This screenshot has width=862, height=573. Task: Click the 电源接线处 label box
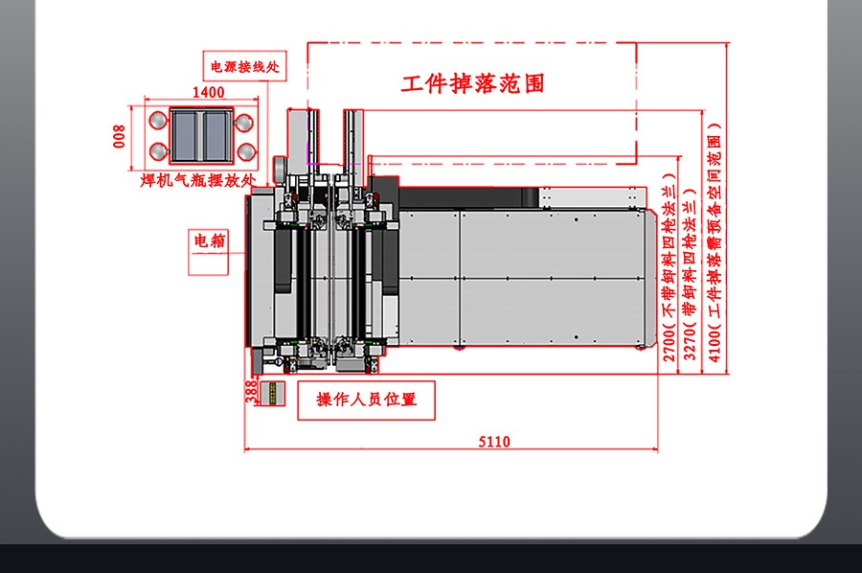pos(244,66)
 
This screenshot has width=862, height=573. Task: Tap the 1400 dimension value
pos(209,92)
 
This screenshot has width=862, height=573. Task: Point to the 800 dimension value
pos(119,136)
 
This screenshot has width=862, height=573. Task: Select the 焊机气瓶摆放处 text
pos(198,180)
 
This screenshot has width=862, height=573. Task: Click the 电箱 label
pos(210,241)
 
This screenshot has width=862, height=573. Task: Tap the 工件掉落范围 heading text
pos(472,83)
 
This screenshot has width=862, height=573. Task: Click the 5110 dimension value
pos(493,442)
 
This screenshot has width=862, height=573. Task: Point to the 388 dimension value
pos(251,392)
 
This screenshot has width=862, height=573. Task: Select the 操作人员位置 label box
pos(366,401)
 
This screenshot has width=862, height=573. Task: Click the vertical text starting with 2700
pos(669,267)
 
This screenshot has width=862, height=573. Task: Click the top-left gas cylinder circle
pos(158,120)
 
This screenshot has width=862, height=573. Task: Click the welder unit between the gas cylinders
pos(201,135)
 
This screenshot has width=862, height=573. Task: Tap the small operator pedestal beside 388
pos(272,394)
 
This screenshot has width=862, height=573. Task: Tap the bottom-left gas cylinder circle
pos(158,151)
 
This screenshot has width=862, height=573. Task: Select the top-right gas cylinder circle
pos(244,122)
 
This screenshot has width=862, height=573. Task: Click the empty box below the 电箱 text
pos(209,264)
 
